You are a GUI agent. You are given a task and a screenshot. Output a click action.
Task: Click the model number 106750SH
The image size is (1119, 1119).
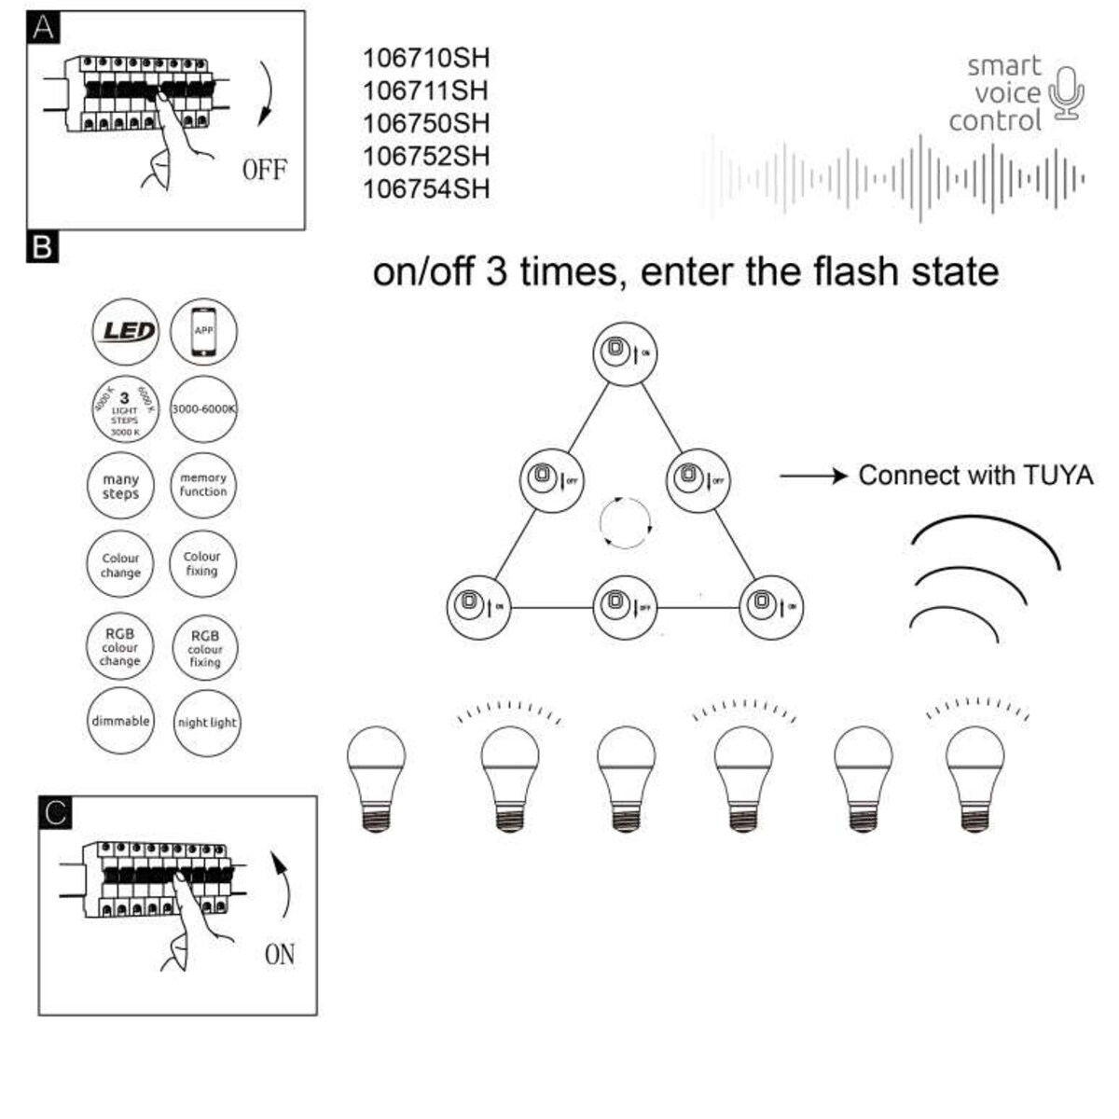pos(425,123)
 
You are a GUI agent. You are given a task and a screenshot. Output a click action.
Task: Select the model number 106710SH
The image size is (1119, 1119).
pos(425,58)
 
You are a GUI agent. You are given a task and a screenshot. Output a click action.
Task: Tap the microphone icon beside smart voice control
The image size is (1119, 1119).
pos(1066,92)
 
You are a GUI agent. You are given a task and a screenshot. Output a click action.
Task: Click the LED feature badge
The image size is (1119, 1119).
pos(126,331)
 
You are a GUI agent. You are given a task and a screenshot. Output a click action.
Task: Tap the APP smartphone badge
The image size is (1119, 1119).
pos(203,332)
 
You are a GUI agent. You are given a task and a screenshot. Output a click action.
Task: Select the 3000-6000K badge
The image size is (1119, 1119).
pos(203,409)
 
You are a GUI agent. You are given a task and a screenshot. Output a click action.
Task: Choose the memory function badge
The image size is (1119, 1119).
pos(203,485)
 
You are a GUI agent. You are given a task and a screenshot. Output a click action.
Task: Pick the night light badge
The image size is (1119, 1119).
pos(207,723)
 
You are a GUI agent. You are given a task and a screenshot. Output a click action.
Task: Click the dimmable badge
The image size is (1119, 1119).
pos(121,721)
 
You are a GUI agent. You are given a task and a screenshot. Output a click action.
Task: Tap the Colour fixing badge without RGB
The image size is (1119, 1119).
pos(202,564)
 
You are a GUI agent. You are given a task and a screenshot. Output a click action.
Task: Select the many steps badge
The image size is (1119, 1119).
pos(121,487)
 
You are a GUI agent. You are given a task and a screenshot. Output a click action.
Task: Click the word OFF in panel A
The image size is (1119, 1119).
pos(265,171)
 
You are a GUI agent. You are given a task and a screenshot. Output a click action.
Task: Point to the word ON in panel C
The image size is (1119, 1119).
pos(280,955)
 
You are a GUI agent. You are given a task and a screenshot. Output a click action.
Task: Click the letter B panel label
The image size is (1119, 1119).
pos(43,248)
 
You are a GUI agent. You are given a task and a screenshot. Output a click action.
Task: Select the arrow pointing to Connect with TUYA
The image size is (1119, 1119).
pos(811,476)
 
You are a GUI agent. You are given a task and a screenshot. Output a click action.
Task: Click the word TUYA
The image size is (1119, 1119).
pos(1057,476)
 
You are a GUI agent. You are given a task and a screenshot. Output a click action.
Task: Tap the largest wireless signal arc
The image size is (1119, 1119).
pos(987,535)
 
